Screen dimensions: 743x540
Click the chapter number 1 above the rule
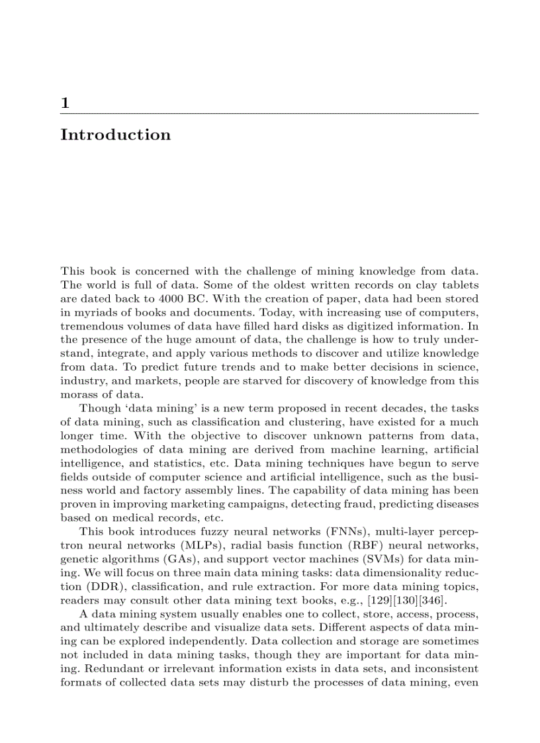(65, 103)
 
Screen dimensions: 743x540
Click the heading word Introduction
(115, 135)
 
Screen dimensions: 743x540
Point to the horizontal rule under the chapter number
(269, 114)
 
